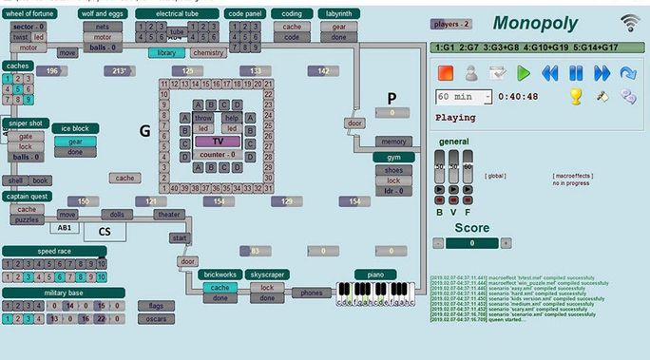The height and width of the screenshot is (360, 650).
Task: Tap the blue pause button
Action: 575,72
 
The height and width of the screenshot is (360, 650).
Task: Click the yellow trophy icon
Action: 575,96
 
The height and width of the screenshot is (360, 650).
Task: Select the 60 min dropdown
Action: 464,96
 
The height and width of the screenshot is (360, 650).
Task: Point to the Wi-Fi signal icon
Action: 630,23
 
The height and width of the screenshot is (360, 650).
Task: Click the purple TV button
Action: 217,141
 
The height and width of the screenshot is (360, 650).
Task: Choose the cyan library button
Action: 166,53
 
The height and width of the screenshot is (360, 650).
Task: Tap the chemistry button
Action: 207,53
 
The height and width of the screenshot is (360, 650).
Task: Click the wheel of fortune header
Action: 29,14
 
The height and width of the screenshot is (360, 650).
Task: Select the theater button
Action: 166,215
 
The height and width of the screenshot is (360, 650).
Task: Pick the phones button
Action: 311,293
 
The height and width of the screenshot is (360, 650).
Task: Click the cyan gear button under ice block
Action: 75,141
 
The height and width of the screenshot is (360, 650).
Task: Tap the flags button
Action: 156,306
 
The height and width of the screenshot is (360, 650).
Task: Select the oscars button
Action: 156,319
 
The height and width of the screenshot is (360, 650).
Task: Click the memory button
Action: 393,141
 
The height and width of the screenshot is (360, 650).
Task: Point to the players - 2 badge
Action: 450,22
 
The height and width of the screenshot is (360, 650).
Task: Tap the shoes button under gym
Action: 392,170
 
